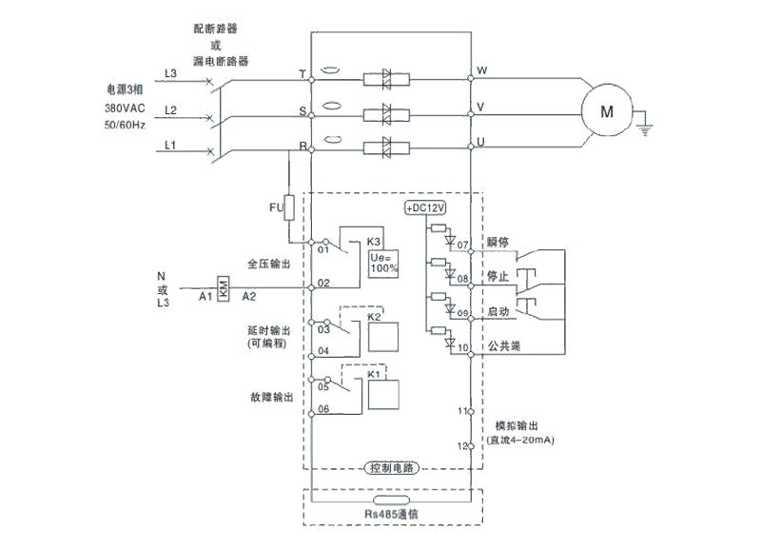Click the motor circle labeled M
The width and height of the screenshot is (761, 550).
tap(606, 109)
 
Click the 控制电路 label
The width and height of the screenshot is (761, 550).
tap(392, 469)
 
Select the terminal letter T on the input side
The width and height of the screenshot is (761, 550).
tap(302, 73)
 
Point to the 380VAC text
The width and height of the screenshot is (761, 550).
tap(125, 109)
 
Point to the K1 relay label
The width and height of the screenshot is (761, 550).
tap(374, 375)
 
